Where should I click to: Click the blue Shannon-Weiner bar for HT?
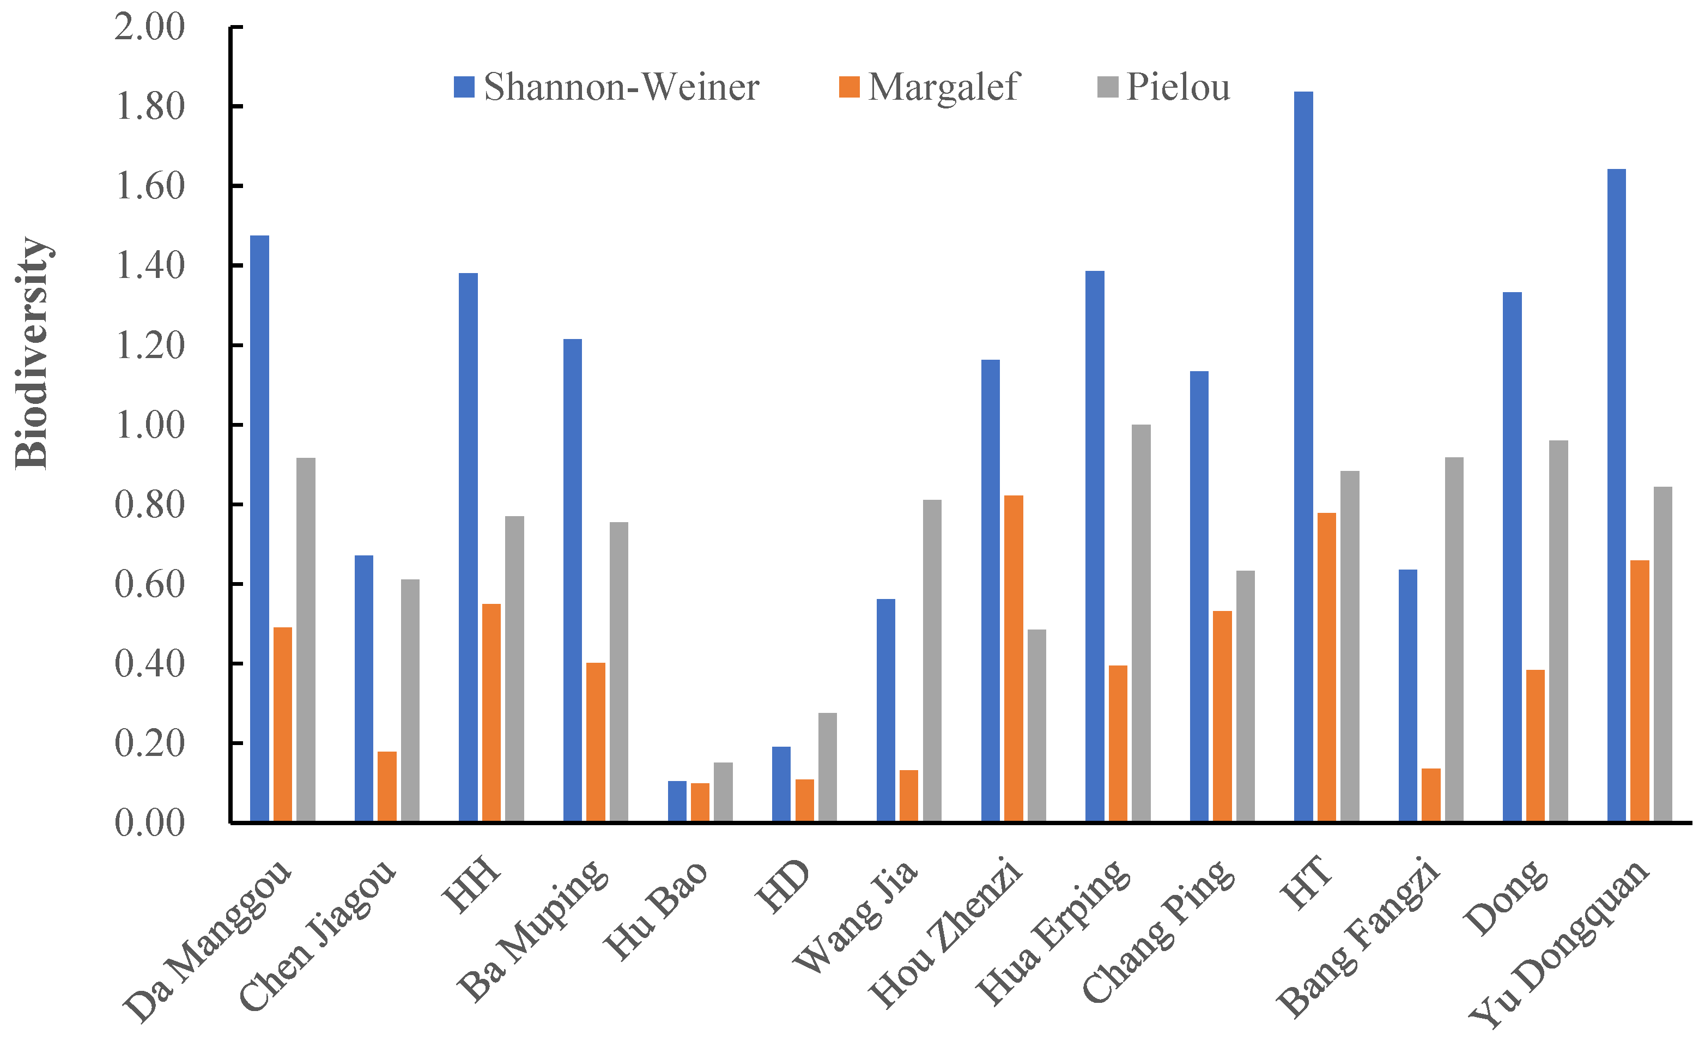[x=1303, y=457]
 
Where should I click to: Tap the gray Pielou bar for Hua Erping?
[x=1141, y=623]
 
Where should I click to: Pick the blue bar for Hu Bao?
[x=677, y=802]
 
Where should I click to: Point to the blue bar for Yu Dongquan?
[x=1616, y=495]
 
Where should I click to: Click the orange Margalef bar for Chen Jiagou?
[x=387, y=786]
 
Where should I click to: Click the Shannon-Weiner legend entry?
[x=606, y=87]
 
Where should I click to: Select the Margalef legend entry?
[x=929, y=87]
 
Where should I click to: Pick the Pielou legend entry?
[x=1164, y=87]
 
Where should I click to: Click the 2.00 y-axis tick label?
[x=149, y=27]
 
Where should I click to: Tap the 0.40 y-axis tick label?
[x=149, y=664]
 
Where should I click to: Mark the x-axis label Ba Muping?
[x=533, y=931]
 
